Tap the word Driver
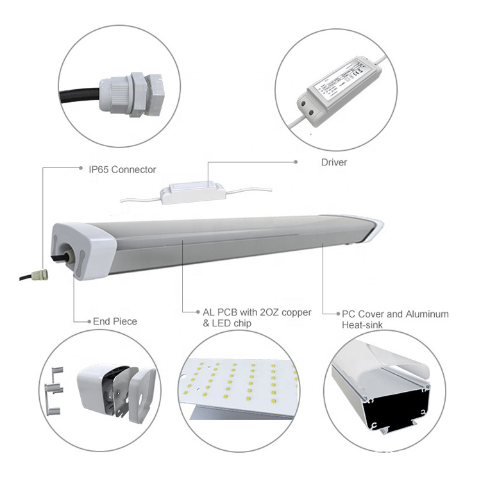pos(333,162)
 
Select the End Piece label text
pos(115,321)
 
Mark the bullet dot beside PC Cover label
pos(338,314)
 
